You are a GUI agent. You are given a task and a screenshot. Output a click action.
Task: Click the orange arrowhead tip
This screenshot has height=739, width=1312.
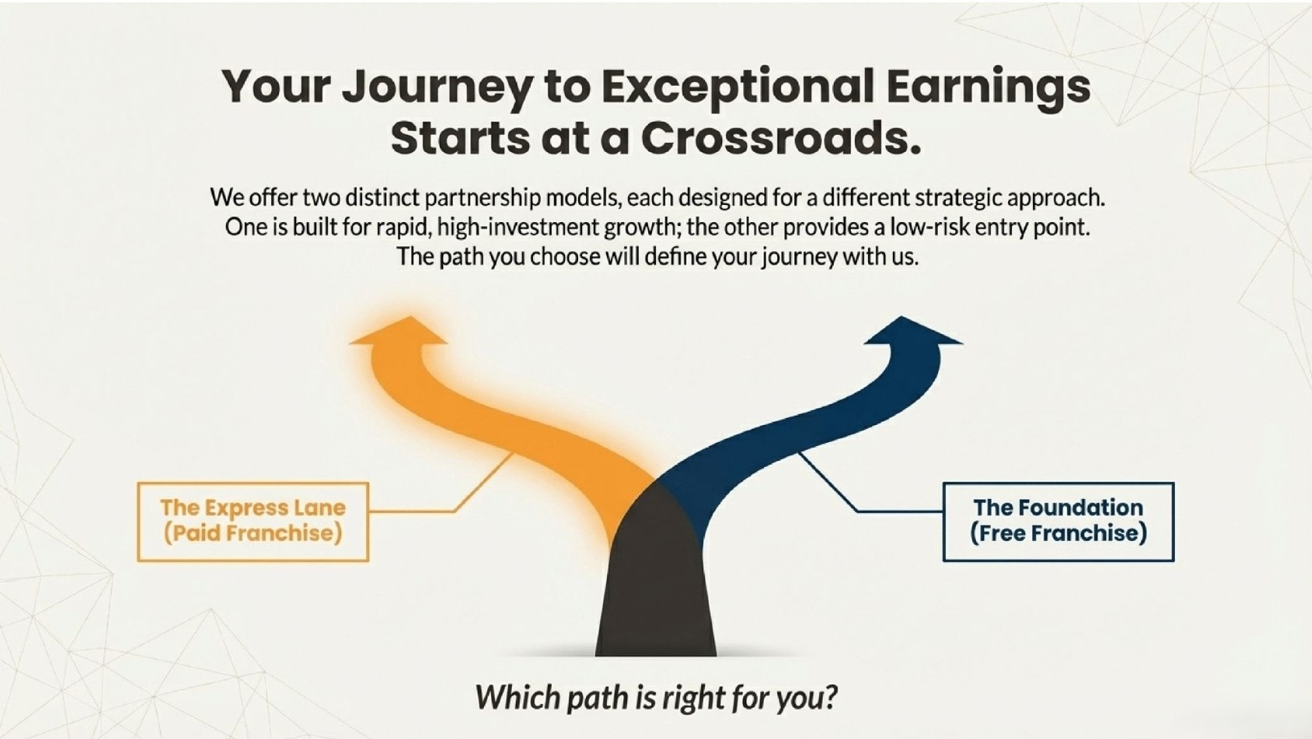(409, 317)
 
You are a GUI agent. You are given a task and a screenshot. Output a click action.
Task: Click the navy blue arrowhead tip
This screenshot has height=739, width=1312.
(901, 317)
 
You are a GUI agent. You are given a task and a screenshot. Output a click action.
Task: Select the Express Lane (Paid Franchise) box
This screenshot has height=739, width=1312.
(253, 522)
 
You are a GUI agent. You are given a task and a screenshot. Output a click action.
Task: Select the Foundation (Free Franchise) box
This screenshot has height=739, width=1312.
(1058, 522)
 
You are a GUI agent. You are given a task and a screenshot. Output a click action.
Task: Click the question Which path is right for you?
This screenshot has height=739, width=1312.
(656, 697)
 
